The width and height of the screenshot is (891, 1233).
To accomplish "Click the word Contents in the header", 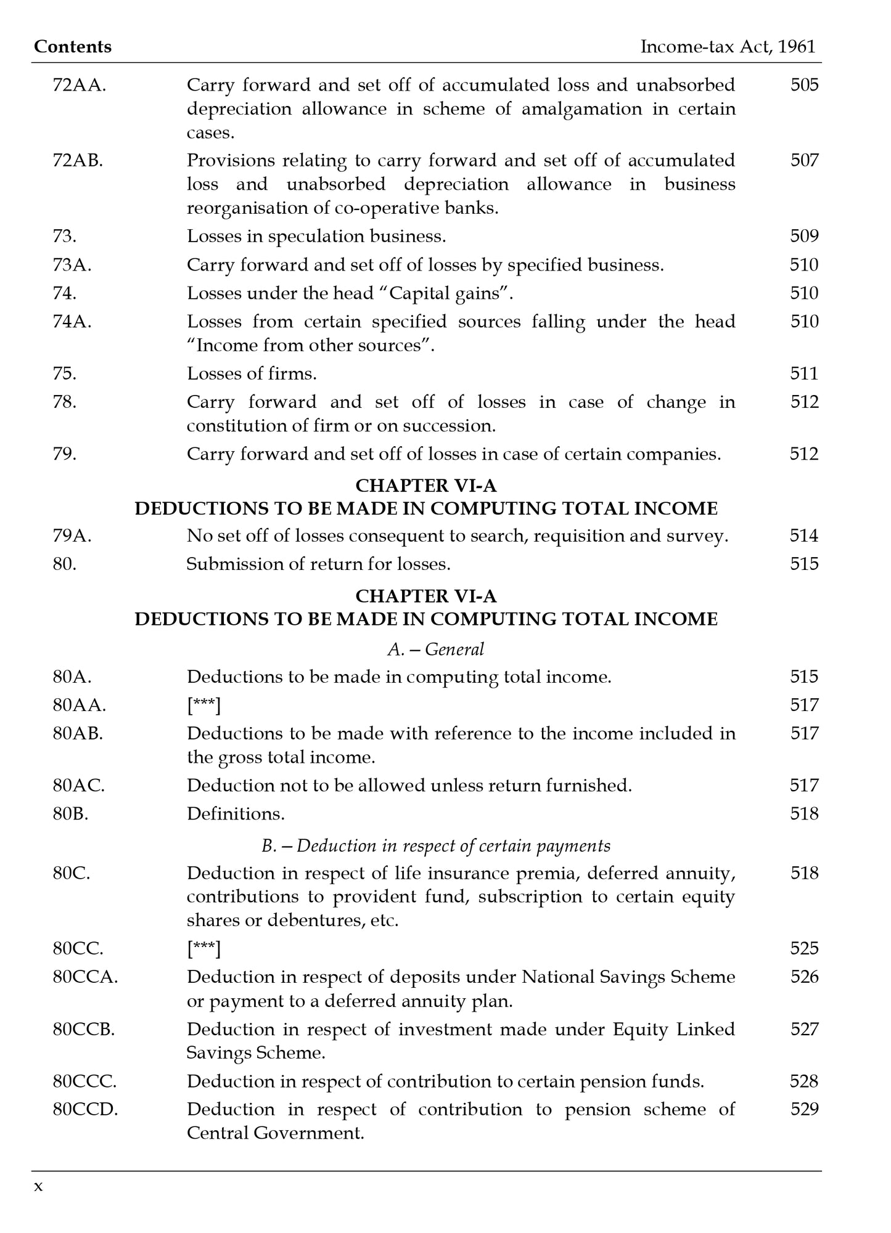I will pyautogui.click(x=73, y=47).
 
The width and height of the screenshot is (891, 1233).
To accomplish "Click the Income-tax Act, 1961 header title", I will pyautogui.click(x=728, y=47).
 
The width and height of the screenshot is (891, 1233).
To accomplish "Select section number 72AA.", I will pyautogui.click(x=79, y=85).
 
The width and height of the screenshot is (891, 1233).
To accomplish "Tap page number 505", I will pyautogui.click(x=804, y=85).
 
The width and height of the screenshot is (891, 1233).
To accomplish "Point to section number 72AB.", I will pyautogui.click(x=78, y=161).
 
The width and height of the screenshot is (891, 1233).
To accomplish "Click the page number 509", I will pyautogui.click(x=804, y=237).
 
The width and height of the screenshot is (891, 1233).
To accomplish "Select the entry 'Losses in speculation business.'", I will pyautogui.click(x=316, y=237).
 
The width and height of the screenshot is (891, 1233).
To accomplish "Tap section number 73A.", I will pyautogui.click(x=72, y=265).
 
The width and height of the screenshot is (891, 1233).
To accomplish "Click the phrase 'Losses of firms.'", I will pyautogui.click(x=252, y=374).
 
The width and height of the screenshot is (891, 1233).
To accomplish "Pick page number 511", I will pyautogui.click(x=804, y=374).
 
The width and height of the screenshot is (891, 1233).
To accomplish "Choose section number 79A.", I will pyautogui.click(x=72, y=536).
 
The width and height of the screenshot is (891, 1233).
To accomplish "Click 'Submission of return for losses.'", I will pyautogui.click(x=318, y=564).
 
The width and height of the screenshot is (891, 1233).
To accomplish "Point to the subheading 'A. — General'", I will pyautogui.click(x=435, y=649).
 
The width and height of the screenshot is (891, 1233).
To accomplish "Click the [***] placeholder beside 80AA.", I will pyautogui.click(x=203, y=705).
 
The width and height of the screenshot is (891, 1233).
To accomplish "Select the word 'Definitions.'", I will pyautogui.click(x=236, y=814).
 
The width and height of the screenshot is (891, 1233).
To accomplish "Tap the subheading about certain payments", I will pyautogui.click(x=435, y=846).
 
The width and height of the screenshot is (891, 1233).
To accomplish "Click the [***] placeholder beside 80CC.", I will pyautogui.click(x=203, y=948).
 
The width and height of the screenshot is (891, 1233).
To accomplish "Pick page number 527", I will pyautogui.click(x=804, y=1030).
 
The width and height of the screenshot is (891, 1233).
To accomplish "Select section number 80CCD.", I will pyautogui.click(x=85, y=1110).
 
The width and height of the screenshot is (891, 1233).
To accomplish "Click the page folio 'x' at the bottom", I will pyautogui.click(x=38, y=1186).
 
